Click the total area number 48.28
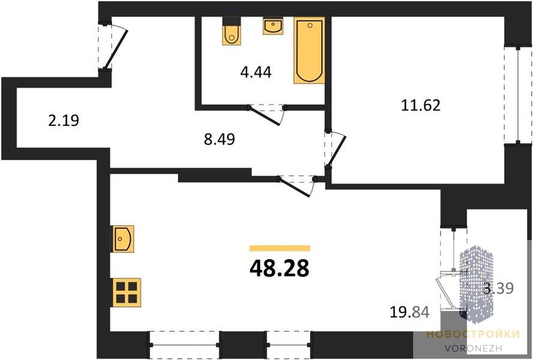click(279, 268)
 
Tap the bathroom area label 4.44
click(255, 72)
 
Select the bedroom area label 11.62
click(421, 105)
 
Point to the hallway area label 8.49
click(219, 139)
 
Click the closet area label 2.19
click(64, 121)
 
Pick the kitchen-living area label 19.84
click(409, 311)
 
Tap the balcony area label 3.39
click(498, 288)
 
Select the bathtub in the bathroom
click(309, 50)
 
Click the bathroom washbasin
click(273, 26)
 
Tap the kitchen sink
click(123, 239)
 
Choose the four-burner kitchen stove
click(126, 293)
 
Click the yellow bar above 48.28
click(280, 248)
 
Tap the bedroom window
click(517, 95)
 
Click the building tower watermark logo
click(476, 284)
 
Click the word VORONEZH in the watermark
click(473, 348)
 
